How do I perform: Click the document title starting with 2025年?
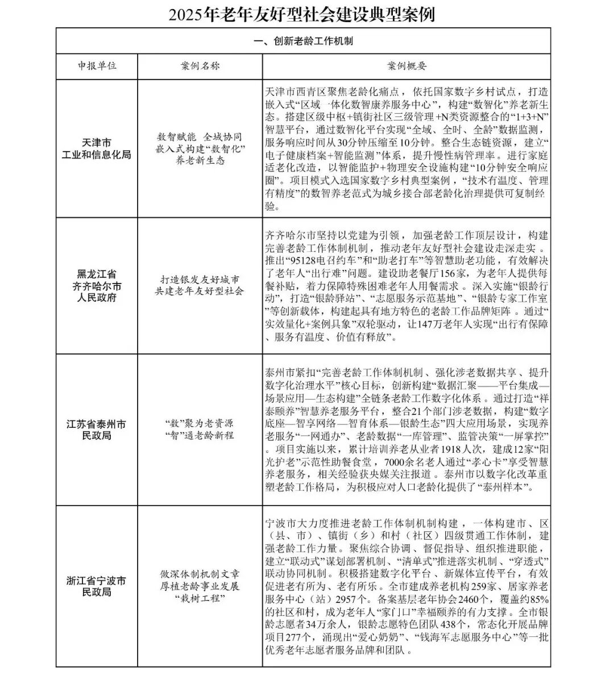point(302,14)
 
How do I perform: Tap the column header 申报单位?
point(97,66)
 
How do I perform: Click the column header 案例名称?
point(200,66)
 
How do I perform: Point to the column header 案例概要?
point(406,66)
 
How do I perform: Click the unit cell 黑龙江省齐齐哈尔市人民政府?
point(97,285)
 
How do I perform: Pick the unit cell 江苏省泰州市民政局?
point(97,430)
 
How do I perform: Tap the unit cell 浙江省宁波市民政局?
point(97,586)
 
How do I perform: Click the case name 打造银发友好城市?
point(200,280)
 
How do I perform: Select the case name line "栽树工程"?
point(200,599)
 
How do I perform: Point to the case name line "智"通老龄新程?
point(200,435)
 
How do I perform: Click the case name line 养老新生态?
point(200,160)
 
